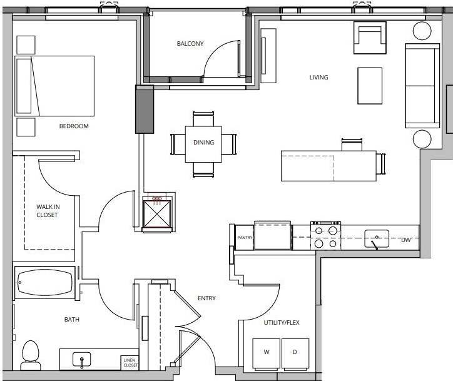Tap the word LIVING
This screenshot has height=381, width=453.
[x=318, y=78]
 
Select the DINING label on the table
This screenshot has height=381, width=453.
[x=203, y=143]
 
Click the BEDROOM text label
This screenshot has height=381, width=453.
[x=74, y=126]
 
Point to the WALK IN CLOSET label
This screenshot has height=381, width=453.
[x=47, y=210]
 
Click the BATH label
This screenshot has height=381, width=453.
[x=72, y=320]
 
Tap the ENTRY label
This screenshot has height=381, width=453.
[x=206, y=298]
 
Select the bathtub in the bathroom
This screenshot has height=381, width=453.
[x=44, y=283]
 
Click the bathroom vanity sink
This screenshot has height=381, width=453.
[x=81, y=360]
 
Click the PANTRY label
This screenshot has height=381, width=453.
[x=244, y=238]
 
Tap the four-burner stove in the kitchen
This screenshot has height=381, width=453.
[x=326, y=236]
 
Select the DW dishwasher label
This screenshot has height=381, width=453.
[x=405, y=239]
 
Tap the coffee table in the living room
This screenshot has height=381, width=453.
[x=369, y=86]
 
